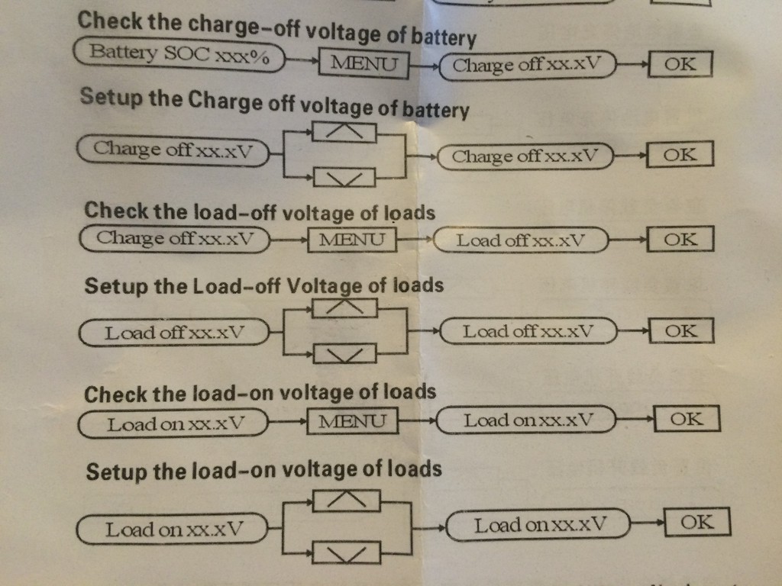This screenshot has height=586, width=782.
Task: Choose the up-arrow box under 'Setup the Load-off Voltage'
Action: click(x=345, y=306)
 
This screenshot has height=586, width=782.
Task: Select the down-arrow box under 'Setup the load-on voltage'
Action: click(x=345, y=552)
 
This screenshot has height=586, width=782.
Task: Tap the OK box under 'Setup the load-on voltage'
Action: click(x=697, y=523)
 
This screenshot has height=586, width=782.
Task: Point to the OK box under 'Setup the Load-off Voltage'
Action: click(x=680, y=331)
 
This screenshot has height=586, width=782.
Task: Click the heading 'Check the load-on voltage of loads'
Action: click(x=260, y=394)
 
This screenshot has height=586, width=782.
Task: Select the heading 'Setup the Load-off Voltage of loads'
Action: click(x=263, y=286)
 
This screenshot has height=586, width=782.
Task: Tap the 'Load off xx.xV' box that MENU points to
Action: click(x=522, y=241)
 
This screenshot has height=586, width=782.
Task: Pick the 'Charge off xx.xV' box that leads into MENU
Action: click(x=175, y=239)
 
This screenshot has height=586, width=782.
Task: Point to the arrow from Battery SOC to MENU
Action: click(x=301, y=60)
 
